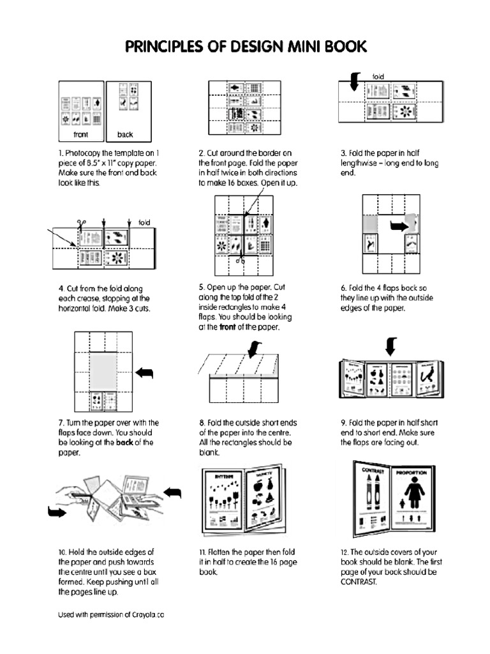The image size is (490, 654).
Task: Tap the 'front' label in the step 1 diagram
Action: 80,135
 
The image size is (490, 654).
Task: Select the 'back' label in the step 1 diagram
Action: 125,135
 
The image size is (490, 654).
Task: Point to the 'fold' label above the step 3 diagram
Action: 378,77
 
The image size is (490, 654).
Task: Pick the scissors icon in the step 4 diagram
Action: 81,225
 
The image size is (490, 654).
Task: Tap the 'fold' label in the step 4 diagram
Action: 144,222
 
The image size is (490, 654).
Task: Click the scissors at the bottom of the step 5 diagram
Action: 240,260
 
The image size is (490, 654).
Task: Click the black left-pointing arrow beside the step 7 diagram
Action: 146,372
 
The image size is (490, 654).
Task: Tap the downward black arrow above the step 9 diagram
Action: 391,347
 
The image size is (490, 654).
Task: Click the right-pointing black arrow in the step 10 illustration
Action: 57,512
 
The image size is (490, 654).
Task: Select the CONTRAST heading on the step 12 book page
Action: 374,471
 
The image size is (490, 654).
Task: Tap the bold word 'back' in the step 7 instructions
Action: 124,442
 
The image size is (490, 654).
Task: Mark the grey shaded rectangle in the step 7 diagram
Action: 102,371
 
